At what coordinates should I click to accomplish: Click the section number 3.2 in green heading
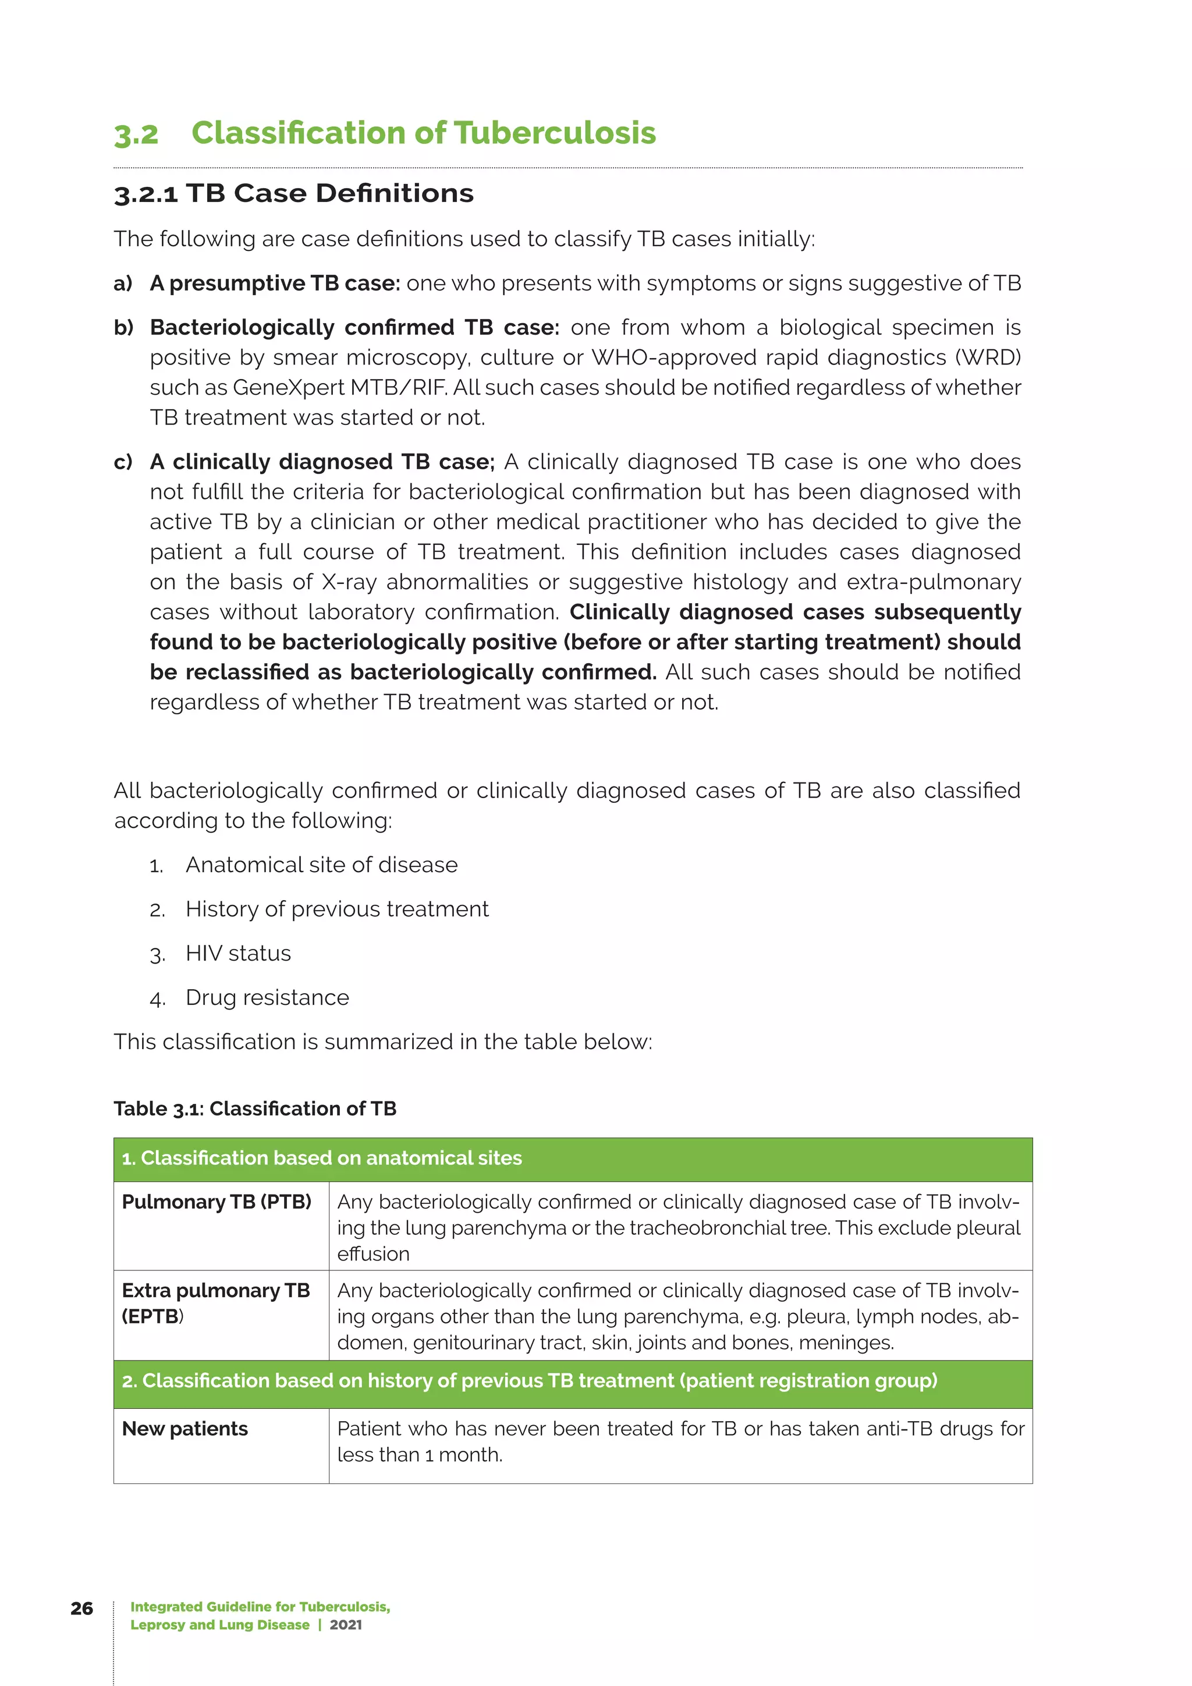(x=137, y=134)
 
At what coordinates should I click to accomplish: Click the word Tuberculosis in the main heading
(x=554, y=133)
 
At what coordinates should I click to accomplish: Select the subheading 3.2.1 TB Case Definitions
(x=293, y=193)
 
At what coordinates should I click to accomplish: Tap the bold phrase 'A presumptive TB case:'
(x=275, y=284)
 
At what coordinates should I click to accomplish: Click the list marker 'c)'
(x=123, y=462)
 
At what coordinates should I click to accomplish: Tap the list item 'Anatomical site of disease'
(x=321, y=865)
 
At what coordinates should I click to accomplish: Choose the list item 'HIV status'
(x=238, y=953)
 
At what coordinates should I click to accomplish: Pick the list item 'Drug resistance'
(x=267, y=997)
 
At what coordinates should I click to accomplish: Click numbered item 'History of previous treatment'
(x=337, y=909)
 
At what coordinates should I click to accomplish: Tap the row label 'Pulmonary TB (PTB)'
(x=217, y=1202)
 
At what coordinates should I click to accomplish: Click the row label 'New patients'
(x=185, y=1429)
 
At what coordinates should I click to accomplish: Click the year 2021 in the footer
(x=346, y=1624)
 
